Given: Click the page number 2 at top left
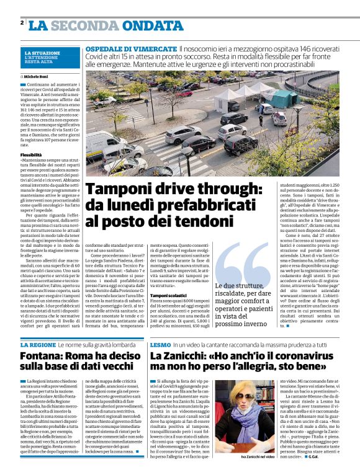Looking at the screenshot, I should tap(22, 23).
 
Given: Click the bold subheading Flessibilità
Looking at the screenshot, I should tap(31, 154).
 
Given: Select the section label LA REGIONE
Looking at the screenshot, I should tap(38, 344).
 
